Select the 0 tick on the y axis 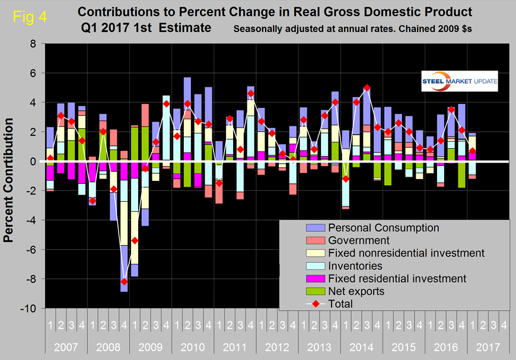(33, 161)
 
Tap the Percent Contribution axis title (10, 177)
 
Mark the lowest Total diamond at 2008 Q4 (124, 282)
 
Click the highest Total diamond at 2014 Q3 (367, 88)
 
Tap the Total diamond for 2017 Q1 (472, 151)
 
